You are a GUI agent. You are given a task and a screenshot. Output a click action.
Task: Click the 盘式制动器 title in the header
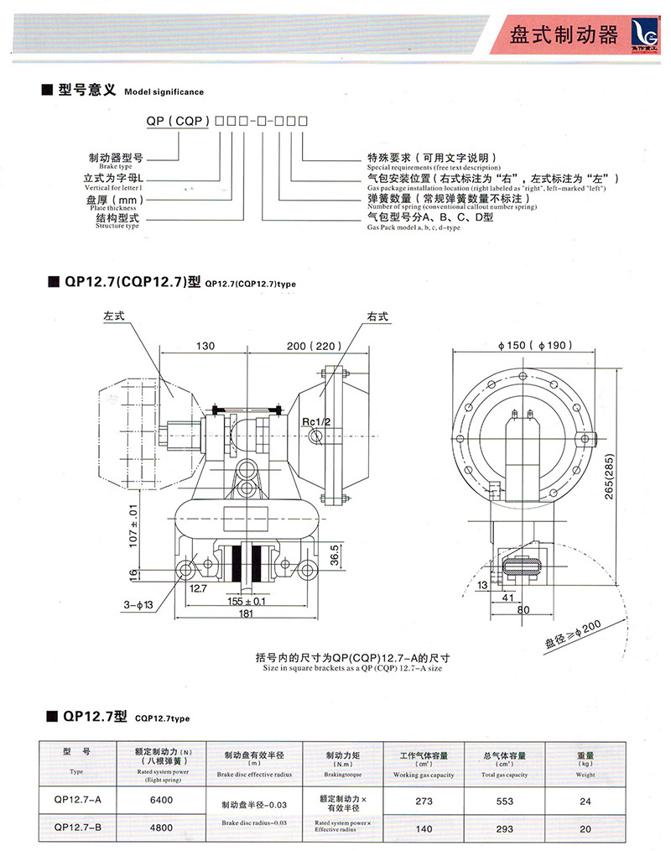pos(563,35)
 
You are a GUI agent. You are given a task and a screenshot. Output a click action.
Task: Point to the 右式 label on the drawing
pos(377,317)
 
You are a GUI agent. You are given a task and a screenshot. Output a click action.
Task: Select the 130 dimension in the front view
pos(206,345)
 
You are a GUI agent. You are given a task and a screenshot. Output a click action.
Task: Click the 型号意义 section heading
pos(86,90)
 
